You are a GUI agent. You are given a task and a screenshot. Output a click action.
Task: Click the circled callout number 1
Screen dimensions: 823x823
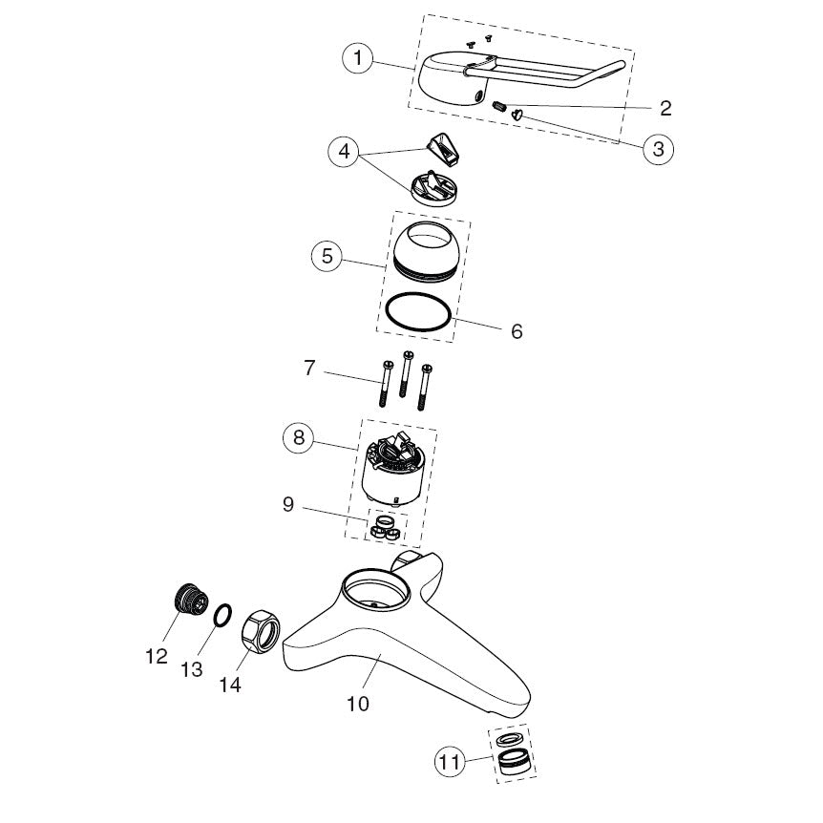[x=358, y=57]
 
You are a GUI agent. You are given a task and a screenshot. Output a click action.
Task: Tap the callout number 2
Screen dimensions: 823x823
[x=665, y=108]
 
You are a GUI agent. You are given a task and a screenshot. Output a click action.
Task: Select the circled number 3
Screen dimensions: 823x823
[x=658, y=149]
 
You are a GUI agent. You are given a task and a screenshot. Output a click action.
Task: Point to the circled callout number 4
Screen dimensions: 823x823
[x=345, y=152]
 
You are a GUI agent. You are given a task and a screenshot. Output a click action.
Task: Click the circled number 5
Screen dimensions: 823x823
[x=327, y=256]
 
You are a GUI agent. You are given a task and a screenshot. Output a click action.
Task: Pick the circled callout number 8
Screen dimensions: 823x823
[x=299, y=437]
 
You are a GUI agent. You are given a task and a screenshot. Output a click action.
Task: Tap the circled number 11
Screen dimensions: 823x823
[x=451, y=762]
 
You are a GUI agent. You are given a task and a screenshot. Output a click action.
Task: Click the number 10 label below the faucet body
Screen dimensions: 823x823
[x=358, y=704]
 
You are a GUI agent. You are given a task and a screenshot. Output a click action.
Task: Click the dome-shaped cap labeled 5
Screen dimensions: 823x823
[x=429, y=252]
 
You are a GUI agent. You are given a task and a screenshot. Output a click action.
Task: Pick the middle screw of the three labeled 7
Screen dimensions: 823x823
[x=405, y=373]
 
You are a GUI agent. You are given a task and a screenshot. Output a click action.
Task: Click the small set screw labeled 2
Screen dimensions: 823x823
[x=498, y=106]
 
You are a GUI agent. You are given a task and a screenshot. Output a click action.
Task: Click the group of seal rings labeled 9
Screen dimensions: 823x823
[x=387, y=527]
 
